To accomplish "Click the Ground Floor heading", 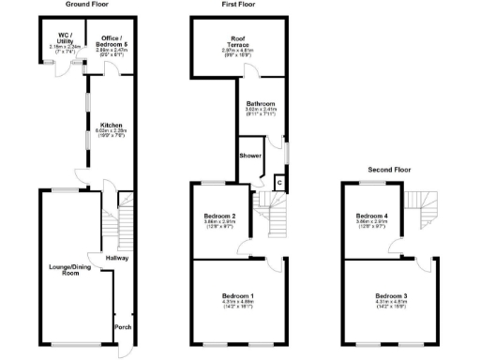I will tap(85, 5).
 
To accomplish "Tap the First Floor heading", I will tap(238, 5).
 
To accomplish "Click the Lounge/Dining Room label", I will tap(67, 270).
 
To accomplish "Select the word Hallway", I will tap(117, 258).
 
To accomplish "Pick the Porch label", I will tap(122, 327).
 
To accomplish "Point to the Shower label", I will tap(250, 155).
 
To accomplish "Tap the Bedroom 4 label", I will tap(371, 217).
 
